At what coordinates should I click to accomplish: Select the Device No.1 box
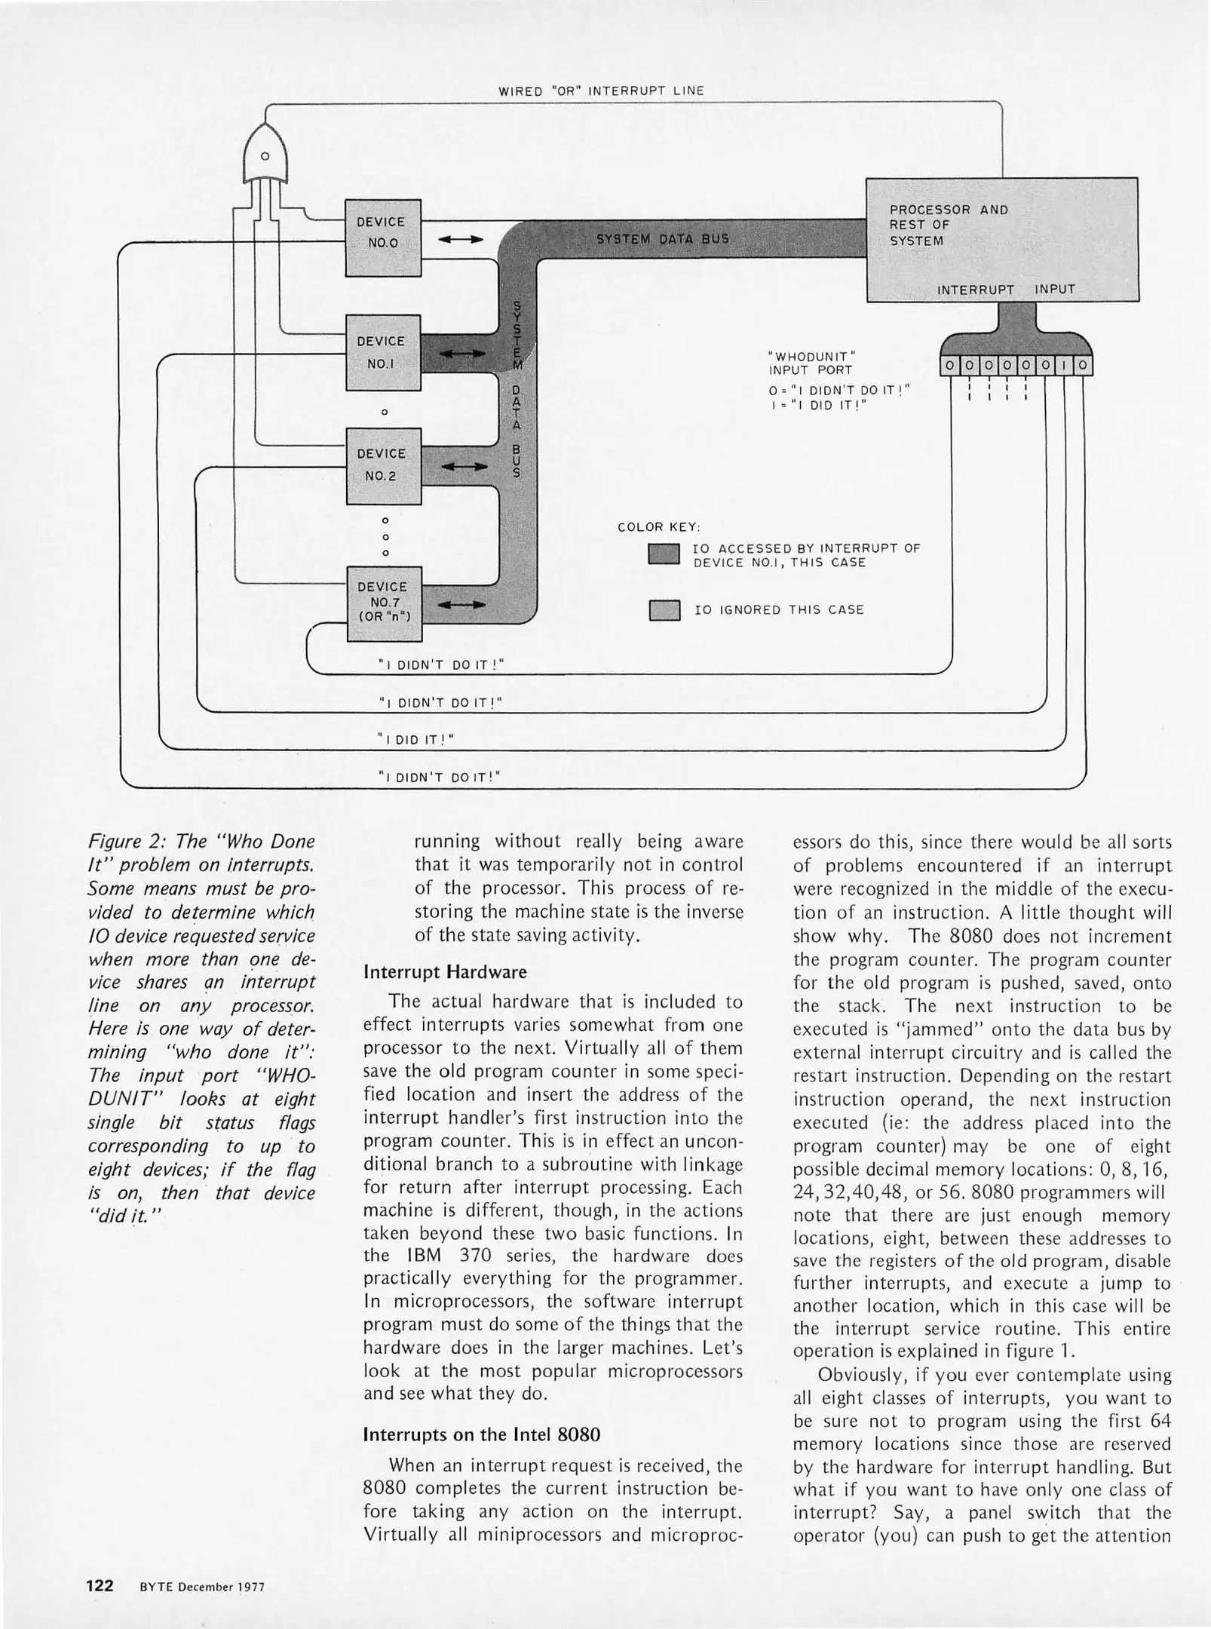pos(382,352)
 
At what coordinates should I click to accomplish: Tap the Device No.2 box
pos(383,465)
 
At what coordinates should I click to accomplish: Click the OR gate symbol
pos(265,155)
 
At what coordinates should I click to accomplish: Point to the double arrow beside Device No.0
pos(460,240)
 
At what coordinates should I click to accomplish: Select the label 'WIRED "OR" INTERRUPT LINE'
pos(601,91)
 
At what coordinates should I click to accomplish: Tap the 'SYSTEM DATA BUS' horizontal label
pos(662,238)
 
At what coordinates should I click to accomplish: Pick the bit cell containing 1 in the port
pos(1064,366)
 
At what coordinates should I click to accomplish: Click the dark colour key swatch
pos(664,554)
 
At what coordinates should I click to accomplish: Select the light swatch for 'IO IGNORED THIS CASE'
pos(664,609)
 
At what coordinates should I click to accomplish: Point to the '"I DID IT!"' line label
pos(415,739)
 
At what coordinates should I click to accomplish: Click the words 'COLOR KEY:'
pos(659,526)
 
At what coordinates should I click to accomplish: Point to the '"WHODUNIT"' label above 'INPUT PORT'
pos(811,355)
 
